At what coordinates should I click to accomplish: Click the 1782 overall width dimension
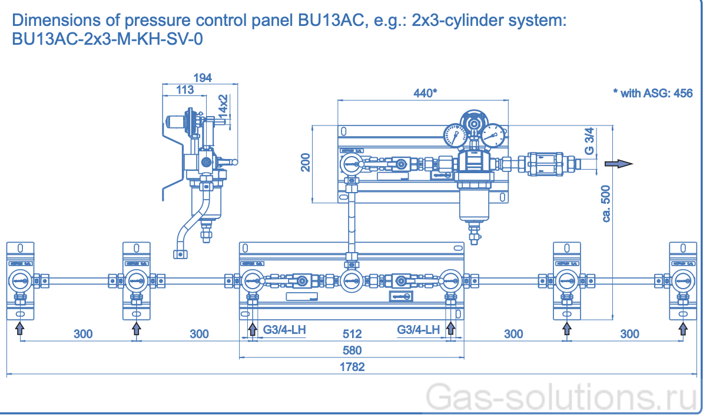click(352, 367)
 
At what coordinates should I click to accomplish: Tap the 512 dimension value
click(352, 334)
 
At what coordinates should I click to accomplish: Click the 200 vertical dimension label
click(305, 162)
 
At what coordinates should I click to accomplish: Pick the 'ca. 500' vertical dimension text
click(606, 203)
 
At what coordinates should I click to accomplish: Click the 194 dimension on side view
click(202, 77)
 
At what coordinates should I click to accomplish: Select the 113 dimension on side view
click(185, 90)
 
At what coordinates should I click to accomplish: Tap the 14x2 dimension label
click(223, 106)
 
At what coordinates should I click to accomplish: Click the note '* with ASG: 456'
click(652, 93)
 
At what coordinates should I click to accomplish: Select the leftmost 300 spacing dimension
click(83, 334)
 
